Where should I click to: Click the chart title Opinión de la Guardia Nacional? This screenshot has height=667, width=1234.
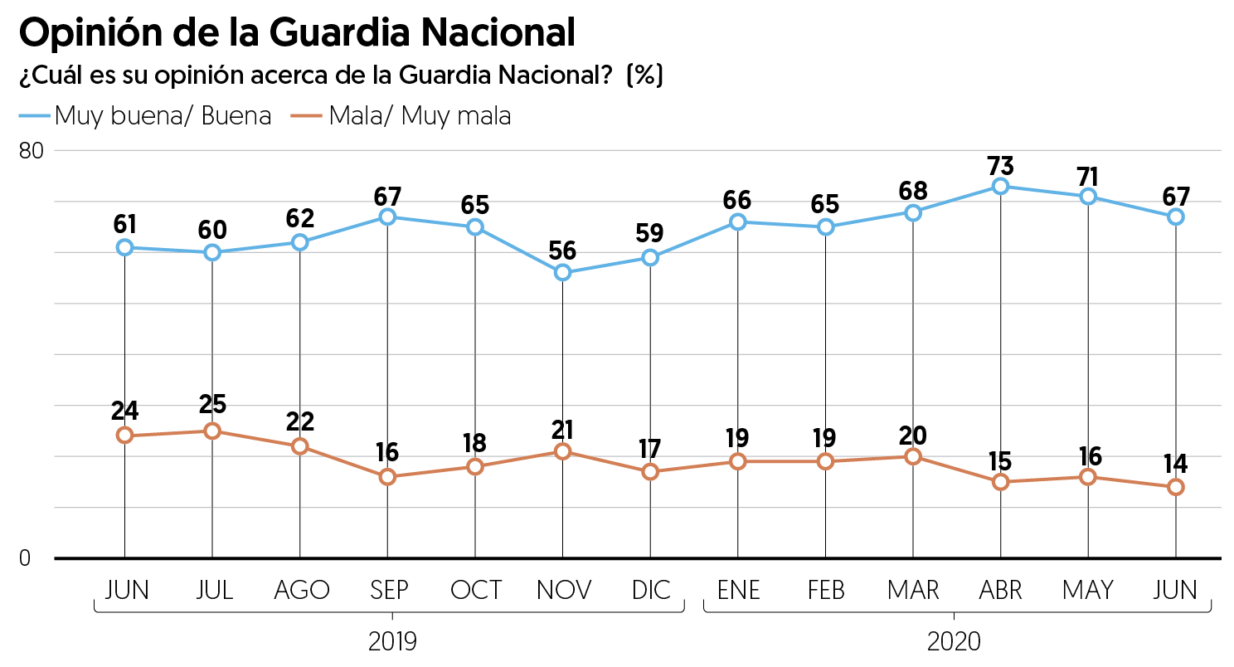point(296,33)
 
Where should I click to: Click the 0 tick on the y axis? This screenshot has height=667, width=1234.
point(25,558)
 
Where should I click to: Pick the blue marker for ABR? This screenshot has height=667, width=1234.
point(1000,186)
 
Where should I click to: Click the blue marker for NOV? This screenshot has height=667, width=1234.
point(563,272)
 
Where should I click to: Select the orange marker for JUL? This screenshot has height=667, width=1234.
point(212,431)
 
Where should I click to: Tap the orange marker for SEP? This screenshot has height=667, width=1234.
point(387,477)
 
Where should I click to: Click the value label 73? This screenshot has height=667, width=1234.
point(1000,165)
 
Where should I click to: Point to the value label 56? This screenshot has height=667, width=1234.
point(563,251)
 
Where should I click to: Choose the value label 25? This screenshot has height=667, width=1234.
point(212,405)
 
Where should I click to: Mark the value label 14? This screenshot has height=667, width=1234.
point(1175,461)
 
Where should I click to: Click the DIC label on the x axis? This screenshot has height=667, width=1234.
point(651,590)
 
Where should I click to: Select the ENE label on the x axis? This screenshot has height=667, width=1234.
point(738,590)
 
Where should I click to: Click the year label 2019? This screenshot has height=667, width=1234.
point(391,641)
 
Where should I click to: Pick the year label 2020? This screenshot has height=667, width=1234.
point(954,641)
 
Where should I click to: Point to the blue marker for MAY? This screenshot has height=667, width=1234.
point(1088,197)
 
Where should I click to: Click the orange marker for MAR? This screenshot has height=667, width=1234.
point(913,456)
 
